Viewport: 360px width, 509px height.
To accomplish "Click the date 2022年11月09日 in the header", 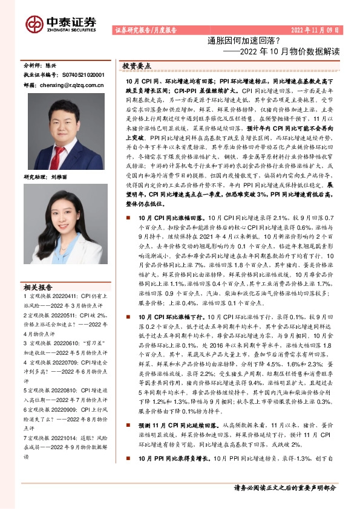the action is click(315, 30).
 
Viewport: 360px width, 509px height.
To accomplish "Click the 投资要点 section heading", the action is click(137, 65).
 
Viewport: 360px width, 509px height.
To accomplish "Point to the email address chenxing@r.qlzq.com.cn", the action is click(70, 85).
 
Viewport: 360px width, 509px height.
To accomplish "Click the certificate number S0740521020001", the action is click(82, 74).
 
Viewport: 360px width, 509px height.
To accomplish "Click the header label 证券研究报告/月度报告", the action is click(145, 30).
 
